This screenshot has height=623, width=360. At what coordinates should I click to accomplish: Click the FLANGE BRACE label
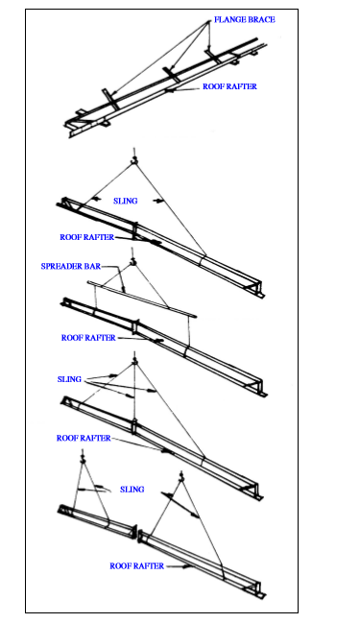click(245, 19)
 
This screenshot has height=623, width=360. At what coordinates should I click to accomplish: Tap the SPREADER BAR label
click(71, 266)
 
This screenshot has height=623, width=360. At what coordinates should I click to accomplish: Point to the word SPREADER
click(61, 266)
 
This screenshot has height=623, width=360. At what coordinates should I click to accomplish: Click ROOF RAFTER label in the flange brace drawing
click(229, 86)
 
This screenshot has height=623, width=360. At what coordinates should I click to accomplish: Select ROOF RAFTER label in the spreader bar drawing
click(88, 338)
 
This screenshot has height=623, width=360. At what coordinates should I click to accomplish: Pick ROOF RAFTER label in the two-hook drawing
click(136, 565)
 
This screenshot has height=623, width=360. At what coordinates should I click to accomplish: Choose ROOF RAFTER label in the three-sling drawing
click(84, 439)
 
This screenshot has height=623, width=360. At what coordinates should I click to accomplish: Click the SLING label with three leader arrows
click(69, 379)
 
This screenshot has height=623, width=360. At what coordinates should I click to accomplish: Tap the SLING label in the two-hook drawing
click(132, 490)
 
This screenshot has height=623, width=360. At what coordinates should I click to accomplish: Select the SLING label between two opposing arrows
click(125, 201)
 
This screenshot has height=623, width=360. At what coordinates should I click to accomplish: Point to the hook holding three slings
click(134, 360)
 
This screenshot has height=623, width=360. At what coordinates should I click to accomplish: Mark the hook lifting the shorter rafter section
click(83, 457)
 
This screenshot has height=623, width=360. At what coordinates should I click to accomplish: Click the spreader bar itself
click(142, 299)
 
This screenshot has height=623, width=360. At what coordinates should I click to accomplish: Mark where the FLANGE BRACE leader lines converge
click(208, 22)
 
